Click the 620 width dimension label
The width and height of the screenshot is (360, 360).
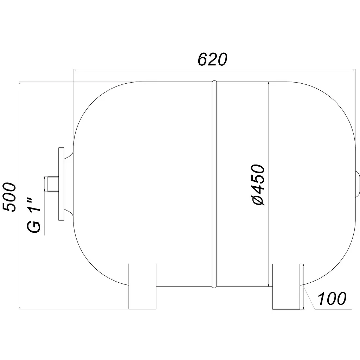(212, 59)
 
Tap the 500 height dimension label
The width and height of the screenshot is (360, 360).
(9, 197)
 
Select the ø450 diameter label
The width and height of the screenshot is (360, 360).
(258, 185)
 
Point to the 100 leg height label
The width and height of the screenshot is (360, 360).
(332, 298)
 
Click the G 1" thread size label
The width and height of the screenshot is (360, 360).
(34, 215)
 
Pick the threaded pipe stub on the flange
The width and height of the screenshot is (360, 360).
(53, 184)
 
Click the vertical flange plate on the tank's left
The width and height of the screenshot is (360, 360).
(61, 184)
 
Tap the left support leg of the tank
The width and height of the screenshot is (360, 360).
(142, 286)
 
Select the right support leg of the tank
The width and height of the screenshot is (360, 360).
(286, 287)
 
